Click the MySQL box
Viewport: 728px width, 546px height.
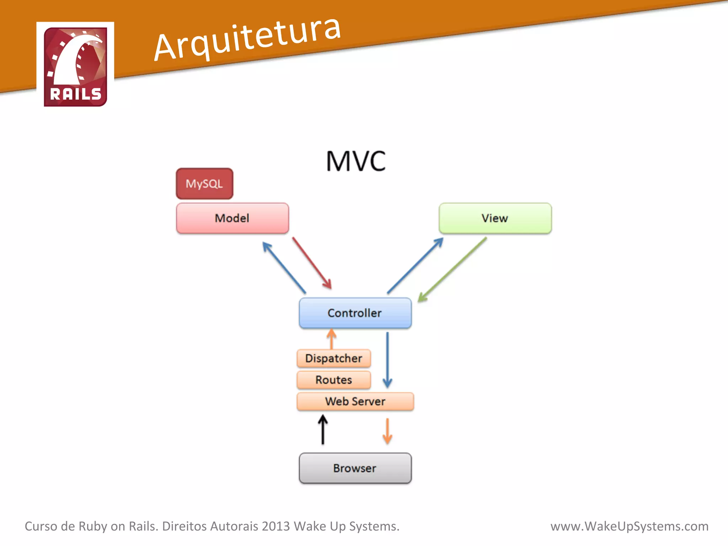click(204, 184)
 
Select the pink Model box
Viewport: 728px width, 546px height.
click(232, 218)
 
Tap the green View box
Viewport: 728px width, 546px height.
click(495, 218)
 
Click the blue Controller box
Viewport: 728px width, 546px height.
click(355, 313)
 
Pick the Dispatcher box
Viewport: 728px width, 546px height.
click(334, 358)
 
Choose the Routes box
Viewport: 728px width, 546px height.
click(334, 380)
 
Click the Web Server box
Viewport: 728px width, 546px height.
click(355, 401)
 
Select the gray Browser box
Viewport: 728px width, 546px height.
click(355, 468)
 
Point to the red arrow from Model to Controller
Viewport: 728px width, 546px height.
click(312, 263)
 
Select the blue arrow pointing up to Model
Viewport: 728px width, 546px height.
click(284, 267)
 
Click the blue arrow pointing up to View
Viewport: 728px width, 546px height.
click(415, 266)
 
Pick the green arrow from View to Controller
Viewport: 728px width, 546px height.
click(453, 269)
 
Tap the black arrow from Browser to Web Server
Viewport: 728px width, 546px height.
click(323, 430)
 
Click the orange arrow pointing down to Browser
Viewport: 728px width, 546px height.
click(387, 431)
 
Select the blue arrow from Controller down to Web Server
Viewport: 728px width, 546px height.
click(387, 360)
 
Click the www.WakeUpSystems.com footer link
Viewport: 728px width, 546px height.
click(629, 526)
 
